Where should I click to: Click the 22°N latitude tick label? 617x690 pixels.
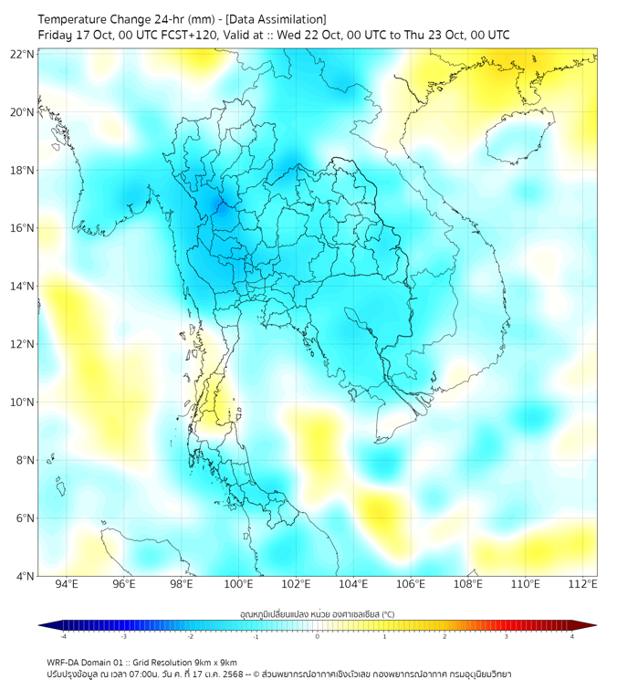pos(23,55)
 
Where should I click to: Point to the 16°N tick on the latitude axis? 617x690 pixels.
pos(23,228)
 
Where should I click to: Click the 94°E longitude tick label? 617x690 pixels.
pos(67,584)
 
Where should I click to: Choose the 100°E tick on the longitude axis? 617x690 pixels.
pos(239,584)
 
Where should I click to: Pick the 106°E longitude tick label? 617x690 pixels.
pos(411,584)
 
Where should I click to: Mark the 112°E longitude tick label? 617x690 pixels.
pos(583,584)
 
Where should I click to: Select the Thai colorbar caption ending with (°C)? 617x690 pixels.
pos(318,613)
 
